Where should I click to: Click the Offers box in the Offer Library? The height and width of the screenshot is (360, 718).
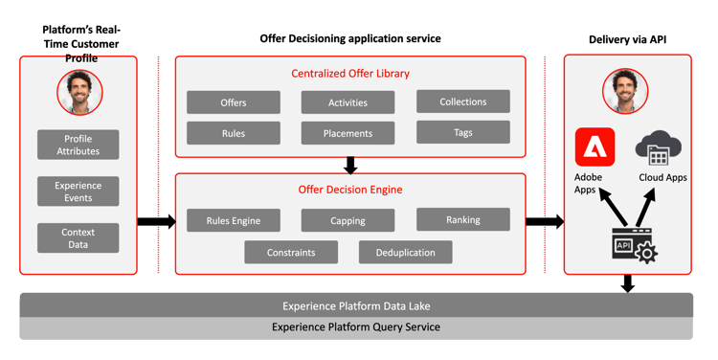(x=234, y=102)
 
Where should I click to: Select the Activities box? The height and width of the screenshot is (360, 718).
(x=348, y=102)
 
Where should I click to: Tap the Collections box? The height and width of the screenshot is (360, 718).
(x=462, y=101)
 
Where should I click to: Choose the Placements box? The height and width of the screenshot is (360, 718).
(x=348, y=133)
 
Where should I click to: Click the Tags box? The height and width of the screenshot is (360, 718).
(x=462, y=132)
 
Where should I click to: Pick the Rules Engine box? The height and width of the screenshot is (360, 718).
(x=234, y=220)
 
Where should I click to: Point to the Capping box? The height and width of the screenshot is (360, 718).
(x=348, y=220)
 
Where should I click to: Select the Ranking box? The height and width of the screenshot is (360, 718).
(x=462, y=219)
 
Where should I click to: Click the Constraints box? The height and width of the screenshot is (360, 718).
(x=291, y=253)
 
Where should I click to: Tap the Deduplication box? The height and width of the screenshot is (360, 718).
(x=405, y=253)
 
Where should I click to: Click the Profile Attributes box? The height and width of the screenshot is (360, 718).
(x=79, y=145)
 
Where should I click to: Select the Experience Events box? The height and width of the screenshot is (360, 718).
(x=79, y=191)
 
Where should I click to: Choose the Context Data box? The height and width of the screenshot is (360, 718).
(x=79, y=238)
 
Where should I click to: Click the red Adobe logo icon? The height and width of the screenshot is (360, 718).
(x=595, y=147)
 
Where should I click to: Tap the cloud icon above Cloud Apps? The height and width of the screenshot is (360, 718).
(x=658, y=149)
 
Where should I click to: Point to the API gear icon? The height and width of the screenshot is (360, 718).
(x=634, y=246)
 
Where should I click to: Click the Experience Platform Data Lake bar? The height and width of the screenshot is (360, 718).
(x=356, y=306)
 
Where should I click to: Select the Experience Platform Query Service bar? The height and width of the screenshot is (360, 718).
(x=356, y=327)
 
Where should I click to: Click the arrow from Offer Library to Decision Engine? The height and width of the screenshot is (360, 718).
(x=350, y=165)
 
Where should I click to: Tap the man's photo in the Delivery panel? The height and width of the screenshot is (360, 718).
(x=625, y=93)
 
